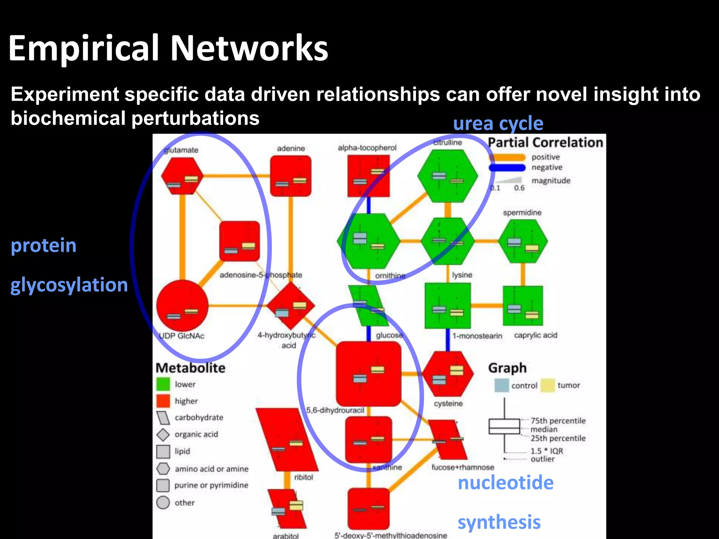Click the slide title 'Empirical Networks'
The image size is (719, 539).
pyautogui.click(x=168, y=48)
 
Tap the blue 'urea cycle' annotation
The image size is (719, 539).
pyautogui.click(x=498, y=124)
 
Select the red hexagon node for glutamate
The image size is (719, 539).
pyautogui.click(x=182, y=175)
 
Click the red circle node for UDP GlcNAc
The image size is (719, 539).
pyautogui.click(x=182, y=306)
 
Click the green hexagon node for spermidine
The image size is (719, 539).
pyautogui.click(x=523, y=241)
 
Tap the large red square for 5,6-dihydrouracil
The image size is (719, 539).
pyautogui.click(x=369, y=374)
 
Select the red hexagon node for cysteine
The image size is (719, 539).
pyautogui.click(x=448, y=374)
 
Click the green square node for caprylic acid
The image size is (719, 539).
pyautogui.click(x=523, y=306)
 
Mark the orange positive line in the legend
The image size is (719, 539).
pyautogui.click(x=507, y=158)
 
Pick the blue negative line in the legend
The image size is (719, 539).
pyautogui.click(x=507, y=168)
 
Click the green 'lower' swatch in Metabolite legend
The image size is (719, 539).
pyautogui.click(x=163, y=384)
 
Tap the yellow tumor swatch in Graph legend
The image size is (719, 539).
pyautogui.click(x=548, y=385)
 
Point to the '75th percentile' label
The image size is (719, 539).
pyautogui.click(x=558, y=420)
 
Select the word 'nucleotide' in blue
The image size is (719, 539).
pyautogui.click(x=506, y=483)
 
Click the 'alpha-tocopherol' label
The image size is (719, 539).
pyautogui.click(x=367, y=148)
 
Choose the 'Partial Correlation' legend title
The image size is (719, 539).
pyautogui.click(x=545, y=142)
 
